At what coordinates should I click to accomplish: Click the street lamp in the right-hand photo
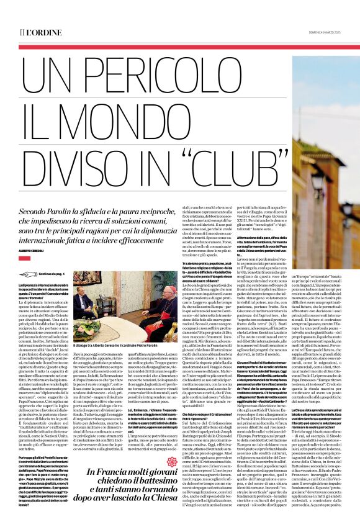(x=317, y=186)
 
